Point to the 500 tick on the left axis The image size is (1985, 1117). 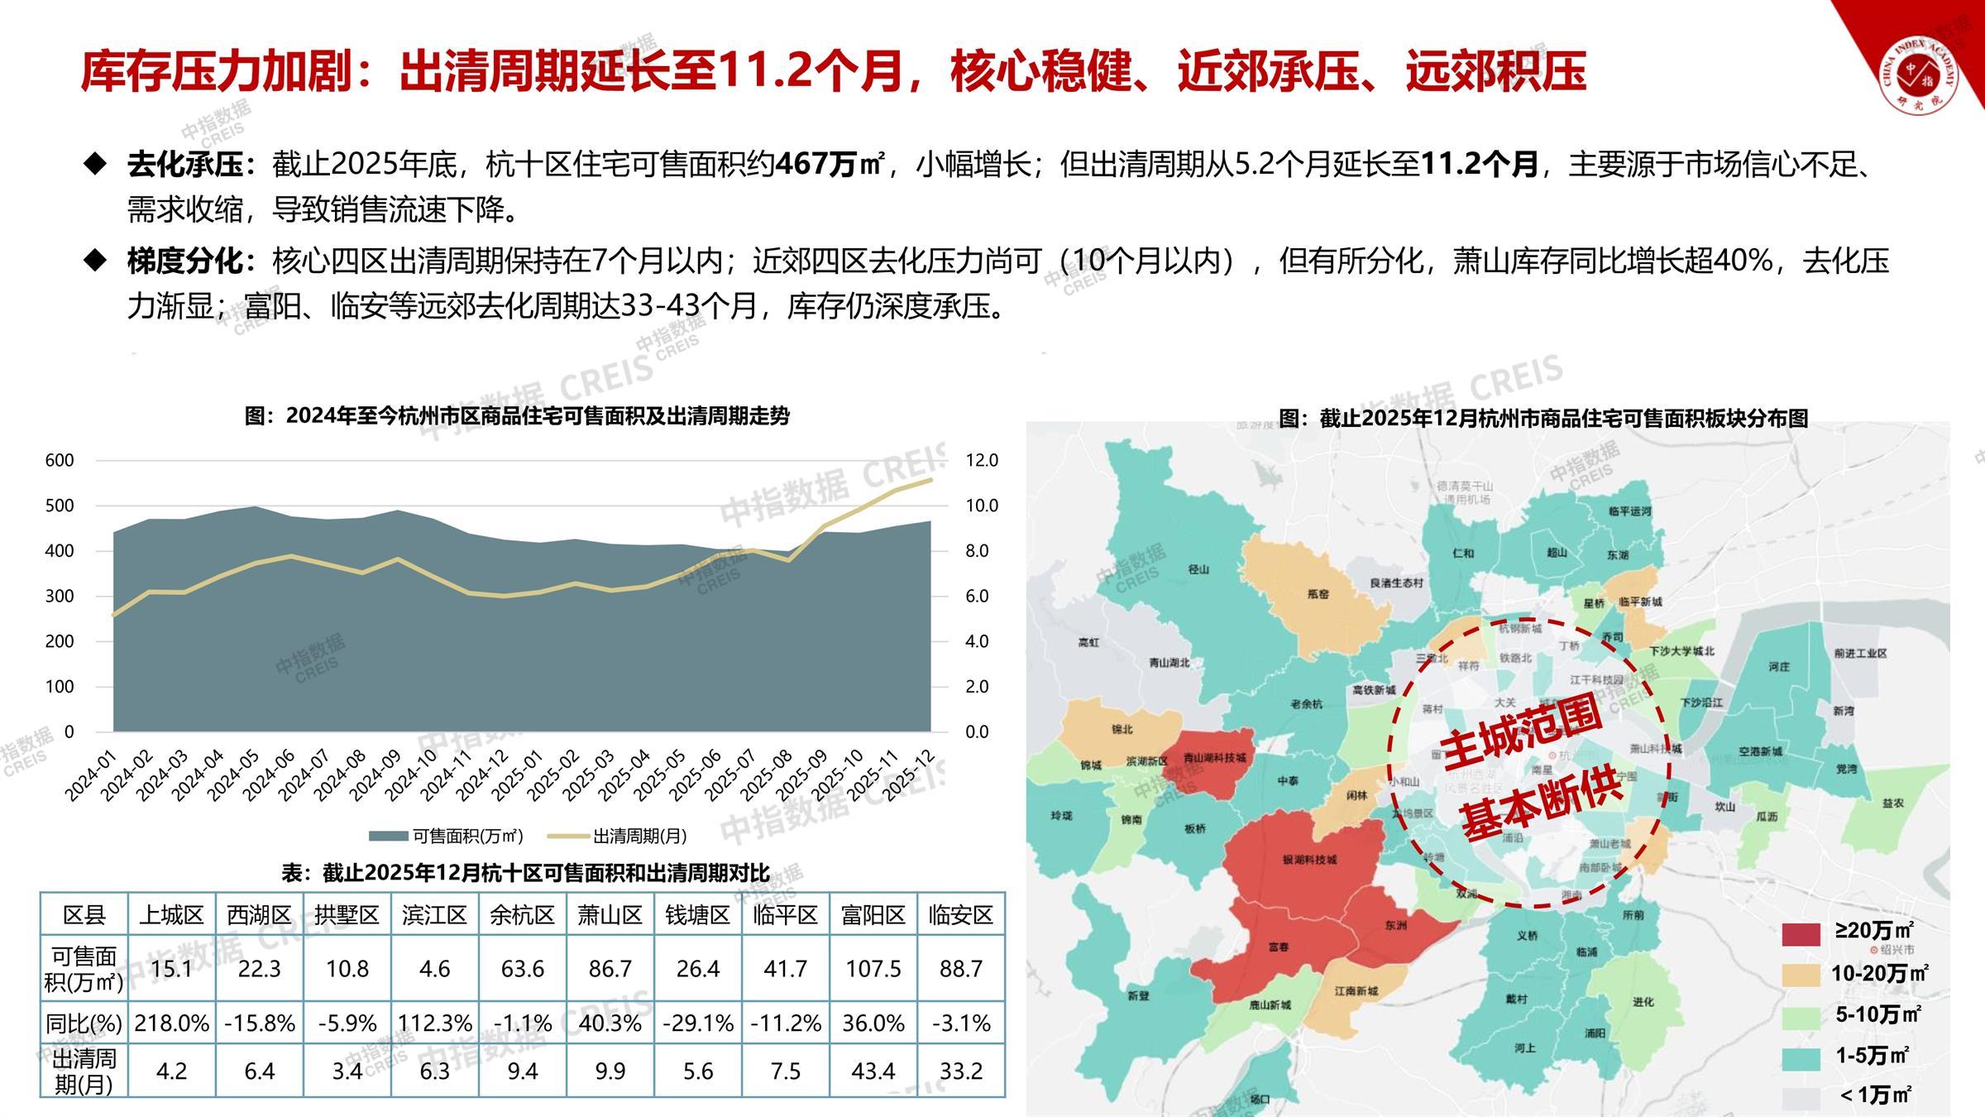pyautogui.click(x=59, y=506)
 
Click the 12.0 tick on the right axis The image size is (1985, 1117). pyautogui.click(x=982, y=460)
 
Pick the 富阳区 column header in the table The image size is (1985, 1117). pyautogui.click(x=873, y=915)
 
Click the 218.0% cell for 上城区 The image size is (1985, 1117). pyautogui.click(x=172, y=1024)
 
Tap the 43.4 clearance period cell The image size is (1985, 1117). pyautogui.click(x=873, y=1071)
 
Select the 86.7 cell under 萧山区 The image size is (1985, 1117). pyautogui.click(x=610, y=969)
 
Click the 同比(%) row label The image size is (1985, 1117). pyautogui.click(x=84, y=1024)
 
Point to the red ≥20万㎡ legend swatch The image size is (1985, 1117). pyautogui.click(x=1801, y=934)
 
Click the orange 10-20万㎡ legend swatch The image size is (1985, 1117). pyautogui.click(x=1801, y=975)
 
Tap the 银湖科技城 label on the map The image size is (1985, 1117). pyautogui.click(x=1309, y=860)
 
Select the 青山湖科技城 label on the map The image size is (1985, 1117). pyautogui.click(x=1214, y=757)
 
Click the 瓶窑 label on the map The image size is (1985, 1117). pyautogui.click(x=1318, y=594)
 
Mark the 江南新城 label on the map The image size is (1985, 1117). pyautogui.click(x=1356, y=990)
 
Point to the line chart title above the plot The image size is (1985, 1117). pyautogui.click(x=517, y=416)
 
